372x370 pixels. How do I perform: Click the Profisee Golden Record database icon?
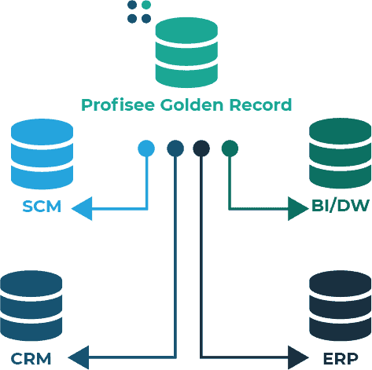point(186,53)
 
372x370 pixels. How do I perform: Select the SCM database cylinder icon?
point(42,154)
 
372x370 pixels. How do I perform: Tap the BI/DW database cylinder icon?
point(340,152)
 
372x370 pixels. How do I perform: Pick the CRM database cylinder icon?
point(31,306)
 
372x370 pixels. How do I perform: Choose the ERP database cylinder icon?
point(340,306)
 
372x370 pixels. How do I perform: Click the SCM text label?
point(42,207)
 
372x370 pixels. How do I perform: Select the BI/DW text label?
point(339,207)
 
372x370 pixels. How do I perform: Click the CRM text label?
point(31,359)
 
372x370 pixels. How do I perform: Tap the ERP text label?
point(340,359)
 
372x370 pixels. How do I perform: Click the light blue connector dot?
point(146,148)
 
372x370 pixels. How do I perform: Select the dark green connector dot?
point(229,148)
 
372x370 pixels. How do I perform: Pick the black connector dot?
point(201,148)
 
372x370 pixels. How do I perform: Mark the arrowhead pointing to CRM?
point(79,358)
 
